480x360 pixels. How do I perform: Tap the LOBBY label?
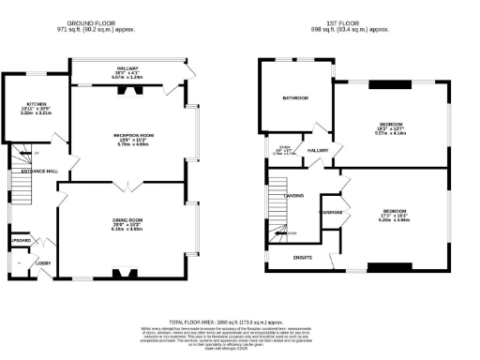(44, 263)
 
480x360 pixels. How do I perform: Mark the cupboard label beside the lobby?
(20, 242)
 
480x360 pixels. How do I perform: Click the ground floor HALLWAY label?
(127, 68)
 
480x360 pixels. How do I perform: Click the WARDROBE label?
(331, 212)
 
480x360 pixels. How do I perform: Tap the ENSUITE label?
(303, 256)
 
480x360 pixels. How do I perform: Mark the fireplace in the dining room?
(124, 274)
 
